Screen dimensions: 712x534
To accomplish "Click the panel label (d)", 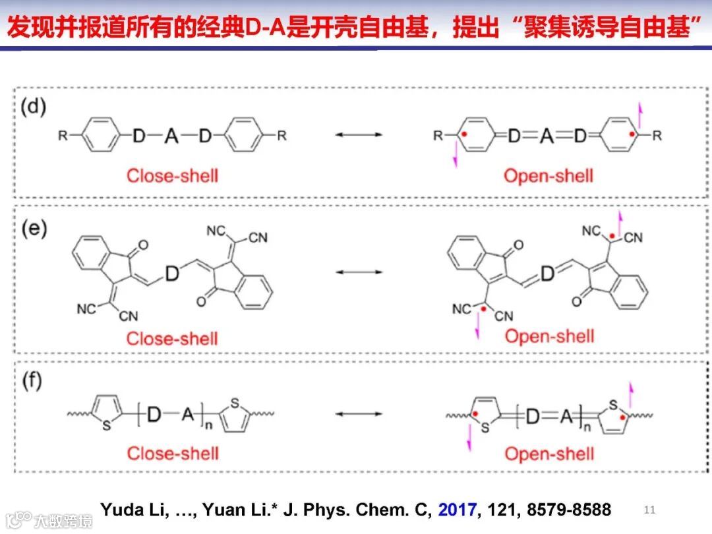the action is pyautogui.click(x=34, y=107).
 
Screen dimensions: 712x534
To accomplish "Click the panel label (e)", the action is pyautogui.click(x=34, y=230).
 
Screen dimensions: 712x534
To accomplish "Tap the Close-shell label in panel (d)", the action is pyautogui.click(x=172, y=175).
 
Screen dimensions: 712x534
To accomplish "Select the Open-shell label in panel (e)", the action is pyautogui.click(x=549, y=336).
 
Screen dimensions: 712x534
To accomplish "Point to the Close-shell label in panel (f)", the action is pyautogui.click(x=172, y=454).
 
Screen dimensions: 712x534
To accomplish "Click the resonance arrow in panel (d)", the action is pyautogui.click(x=359, y=135).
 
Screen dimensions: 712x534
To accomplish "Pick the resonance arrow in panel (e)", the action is pyautogui.click(x=359, y=272).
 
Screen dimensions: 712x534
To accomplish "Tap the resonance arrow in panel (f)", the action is pyautogui.click(x=359, y=414).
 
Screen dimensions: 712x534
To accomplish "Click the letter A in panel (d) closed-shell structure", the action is pyautogui.click(x=171, y=136).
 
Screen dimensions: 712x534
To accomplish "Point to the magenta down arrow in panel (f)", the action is pyautogui.click(x=469, y=438).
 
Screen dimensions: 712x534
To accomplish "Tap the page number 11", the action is pyautogui.click(x=649, y=510).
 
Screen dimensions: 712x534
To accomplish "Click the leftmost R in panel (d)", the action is pyautogui.click(x=63, y=136).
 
